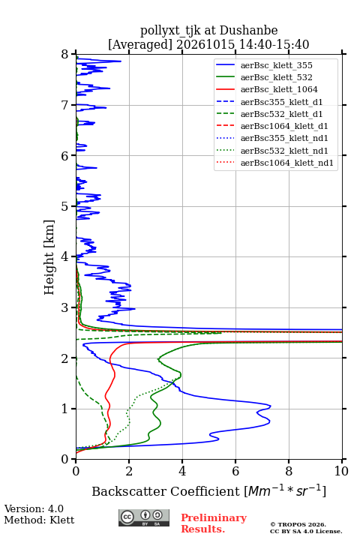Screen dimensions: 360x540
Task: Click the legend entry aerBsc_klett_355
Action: tap(276, 65)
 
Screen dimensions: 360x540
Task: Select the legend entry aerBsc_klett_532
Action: tap(276, 77)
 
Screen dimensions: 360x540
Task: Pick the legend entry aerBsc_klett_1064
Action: tap(279, 89)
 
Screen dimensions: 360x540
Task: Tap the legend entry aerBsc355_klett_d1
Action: tap(281, 102)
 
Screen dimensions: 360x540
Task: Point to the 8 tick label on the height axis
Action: tap(65, 54)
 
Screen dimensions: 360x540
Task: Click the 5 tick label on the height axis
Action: tap(65, 206)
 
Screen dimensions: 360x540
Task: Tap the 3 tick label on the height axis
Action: tap(65, 307)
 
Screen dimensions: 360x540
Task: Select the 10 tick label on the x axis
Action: tap(341, 471)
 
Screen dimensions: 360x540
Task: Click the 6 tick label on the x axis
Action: tap(235, 471)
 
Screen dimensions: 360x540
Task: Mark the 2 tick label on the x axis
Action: tap(129, 471)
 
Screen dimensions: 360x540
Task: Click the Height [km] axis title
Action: tap(49, 257)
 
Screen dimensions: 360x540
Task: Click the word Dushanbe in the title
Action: tap(248, 30)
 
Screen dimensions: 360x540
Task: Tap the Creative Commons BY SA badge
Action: tap(144, 517)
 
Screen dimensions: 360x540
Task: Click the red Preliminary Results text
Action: tap(214, 523)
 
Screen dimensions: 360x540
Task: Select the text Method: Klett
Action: tap(39, 520)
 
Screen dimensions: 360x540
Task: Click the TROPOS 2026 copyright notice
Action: tap(298, 524)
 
